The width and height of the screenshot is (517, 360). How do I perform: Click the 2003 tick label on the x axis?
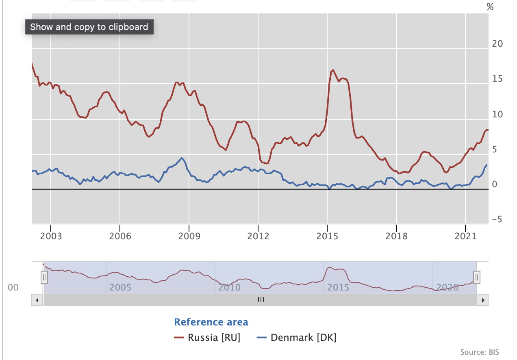51,236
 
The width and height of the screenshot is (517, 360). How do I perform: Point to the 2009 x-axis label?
189,236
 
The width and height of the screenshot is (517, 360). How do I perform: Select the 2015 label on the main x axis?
327,236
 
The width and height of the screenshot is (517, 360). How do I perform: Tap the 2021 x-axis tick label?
465,236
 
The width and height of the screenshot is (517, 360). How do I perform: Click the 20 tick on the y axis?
497,44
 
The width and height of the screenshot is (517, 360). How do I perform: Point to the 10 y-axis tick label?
497,115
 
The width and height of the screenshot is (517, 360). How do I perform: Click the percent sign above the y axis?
490,7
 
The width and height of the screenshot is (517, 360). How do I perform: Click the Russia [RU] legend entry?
207,338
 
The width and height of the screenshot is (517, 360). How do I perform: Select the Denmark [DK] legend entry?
297,338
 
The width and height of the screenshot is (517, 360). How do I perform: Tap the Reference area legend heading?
211,322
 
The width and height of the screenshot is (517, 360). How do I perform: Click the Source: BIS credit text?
480,352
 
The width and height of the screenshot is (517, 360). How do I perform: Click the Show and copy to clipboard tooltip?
89,27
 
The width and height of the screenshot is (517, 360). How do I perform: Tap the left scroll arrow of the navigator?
37,300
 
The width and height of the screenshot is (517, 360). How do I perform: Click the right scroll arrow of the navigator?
483,300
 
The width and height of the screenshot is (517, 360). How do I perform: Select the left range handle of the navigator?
44,278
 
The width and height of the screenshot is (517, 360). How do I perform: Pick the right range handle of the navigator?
477,278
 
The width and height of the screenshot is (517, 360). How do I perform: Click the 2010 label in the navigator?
229,288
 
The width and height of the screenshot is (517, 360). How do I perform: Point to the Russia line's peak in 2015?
333,70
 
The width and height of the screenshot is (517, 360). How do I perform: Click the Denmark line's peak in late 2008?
182,158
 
